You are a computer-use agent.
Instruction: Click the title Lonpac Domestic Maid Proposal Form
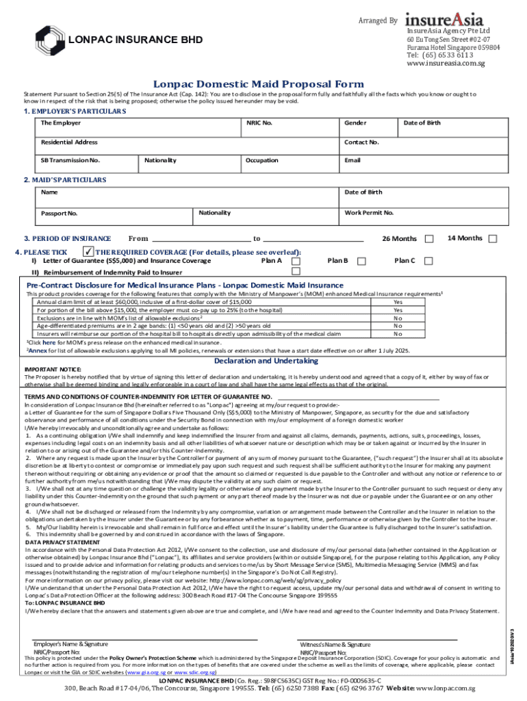(x=258, y=83)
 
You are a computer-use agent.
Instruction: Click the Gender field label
(x=355, y=123)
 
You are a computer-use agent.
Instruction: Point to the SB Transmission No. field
(x=70, y=160)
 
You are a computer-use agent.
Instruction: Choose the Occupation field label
(x=262, y=160)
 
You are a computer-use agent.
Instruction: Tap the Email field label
(x=352, y=160)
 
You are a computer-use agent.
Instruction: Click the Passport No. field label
(x=59, y=214)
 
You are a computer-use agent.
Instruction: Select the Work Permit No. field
(x=370, y=213)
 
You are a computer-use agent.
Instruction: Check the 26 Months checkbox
(x=429, y=239)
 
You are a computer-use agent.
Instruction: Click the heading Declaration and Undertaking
(x=262, y=361)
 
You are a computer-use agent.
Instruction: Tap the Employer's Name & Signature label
(x=70, y=644)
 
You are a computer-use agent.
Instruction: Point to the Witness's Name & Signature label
(x=335, y=645)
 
